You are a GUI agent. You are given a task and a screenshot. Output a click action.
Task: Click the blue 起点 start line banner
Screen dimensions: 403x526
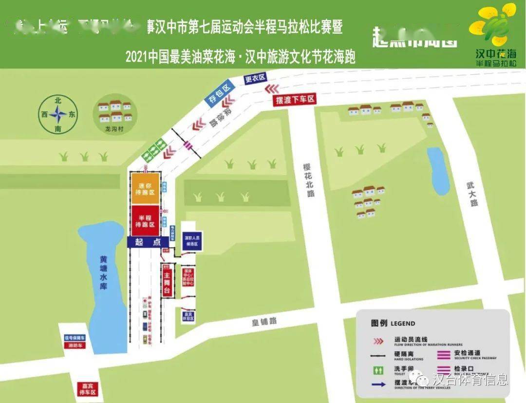[143, 242]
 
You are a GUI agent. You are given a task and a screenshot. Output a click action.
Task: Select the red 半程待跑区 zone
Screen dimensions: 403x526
[145, 221]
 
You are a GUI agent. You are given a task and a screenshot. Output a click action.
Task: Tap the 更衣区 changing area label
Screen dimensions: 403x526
[255, 78]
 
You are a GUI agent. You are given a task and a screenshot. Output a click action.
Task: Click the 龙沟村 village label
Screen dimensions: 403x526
[115, 130]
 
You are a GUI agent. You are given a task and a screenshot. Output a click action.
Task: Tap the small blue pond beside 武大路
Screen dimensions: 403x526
[438, 171]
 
